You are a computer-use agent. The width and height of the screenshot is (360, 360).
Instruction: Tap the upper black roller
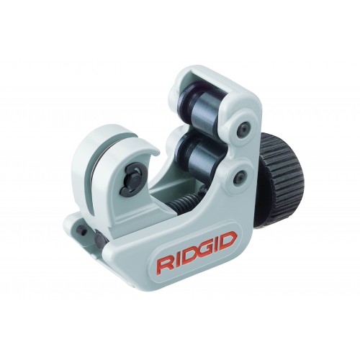199,107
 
